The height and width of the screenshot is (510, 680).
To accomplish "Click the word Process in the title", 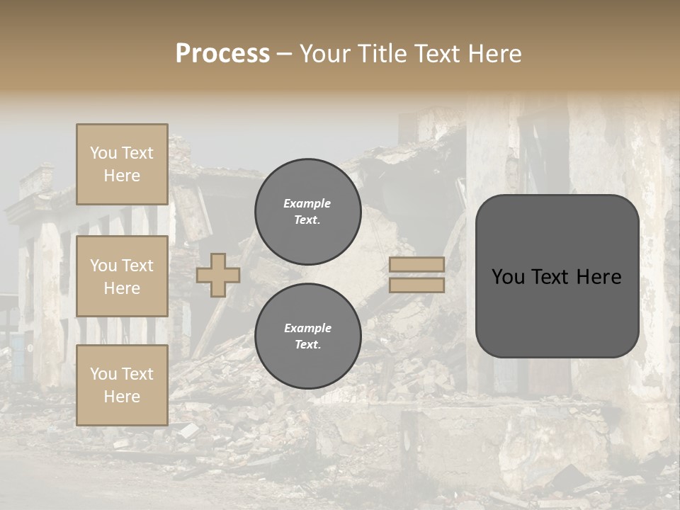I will [x=222, y=54].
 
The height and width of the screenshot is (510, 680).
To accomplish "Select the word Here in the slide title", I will [x=494, y=54].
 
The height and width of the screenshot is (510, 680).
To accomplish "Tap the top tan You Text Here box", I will [x=122, y=164].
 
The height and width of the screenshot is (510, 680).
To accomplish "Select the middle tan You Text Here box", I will [x=122, y=276].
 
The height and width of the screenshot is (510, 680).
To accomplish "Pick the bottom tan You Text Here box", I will [x=122, y=385].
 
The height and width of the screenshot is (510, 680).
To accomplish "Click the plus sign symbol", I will [x=218, y=275].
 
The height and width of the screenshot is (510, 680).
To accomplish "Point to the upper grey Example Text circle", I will [x=307, y=212].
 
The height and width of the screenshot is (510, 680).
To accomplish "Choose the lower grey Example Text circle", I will [x=307, y=336].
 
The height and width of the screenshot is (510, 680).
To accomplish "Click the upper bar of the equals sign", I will [x=417, y=265].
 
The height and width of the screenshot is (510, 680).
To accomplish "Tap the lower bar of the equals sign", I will [x=417, y=285].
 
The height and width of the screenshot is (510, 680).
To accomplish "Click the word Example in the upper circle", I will [x=307, y=203].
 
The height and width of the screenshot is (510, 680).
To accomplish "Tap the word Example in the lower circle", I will [x=307, y=328].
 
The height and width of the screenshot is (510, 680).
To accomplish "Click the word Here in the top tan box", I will [x=122, y=176].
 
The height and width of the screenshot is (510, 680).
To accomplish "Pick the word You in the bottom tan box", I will [x=103, y=374].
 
